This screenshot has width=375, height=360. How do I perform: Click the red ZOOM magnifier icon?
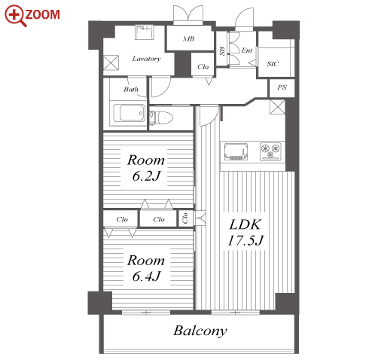pyautogui.click(x=15, y=15)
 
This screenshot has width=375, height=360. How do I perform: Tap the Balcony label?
pyautogui.click(x=200, y=331)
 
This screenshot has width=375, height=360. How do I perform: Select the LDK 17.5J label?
pyautogui.click(x=245, y=232)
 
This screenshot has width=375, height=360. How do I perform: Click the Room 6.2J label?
pyautogui.click(x=146, y=168)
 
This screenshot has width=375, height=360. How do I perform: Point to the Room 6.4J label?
pyautogui.click(x=146, y=268)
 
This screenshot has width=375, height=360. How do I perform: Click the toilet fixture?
pyautogui.click(x=161, y=118)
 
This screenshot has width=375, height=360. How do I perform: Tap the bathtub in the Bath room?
pyautogui.click(x=129, y=113)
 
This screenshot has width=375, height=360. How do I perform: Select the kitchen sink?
pyautogui.click(x=236, y=151)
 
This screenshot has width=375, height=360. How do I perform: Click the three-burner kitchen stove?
pyautogui.click(x=270, y=151)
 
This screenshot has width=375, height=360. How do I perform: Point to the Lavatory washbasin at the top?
pyautogui.click(x=145, y=32)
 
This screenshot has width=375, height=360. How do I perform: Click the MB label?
pyautogui.click(x=188, y=39)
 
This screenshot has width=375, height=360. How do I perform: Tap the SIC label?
pyautogui.click(x=273, y=64)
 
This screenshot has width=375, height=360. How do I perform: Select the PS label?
pyautogui.click(x=282, y=87)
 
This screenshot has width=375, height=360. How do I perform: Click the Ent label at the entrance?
pyautogui.click(x=247, y=50)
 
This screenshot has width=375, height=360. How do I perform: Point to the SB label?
pyautogui.click(x=222, y=51)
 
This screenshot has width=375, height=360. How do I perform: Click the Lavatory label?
pyautogui.click(x=147, y=59)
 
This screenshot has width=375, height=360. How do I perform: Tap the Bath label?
pyautogui.click(x=131, y=89)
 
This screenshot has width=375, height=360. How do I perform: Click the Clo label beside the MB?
pyautogui.click(x=203, y=67)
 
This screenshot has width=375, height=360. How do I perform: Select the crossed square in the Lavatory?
pyautogui.click(x=111, y=63)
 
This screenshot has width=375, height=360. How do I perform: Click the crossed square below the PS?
pyautogui.click(x=277, y=107)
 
